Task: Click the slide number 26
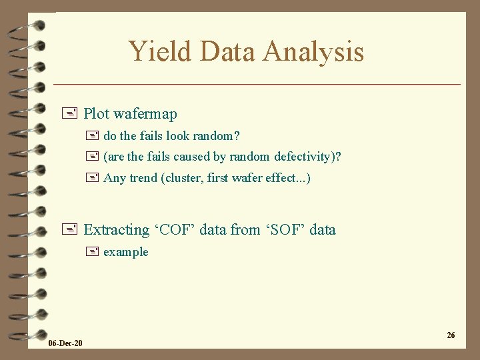451,335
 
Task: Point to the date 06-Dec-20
65,343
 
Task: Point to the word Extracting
116,230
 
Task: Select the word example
126,252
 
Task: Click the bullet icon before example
92,252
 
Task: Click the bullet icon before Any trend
92,178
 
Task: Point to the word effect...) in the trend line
287,178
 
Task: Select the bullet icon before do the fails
92,136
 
